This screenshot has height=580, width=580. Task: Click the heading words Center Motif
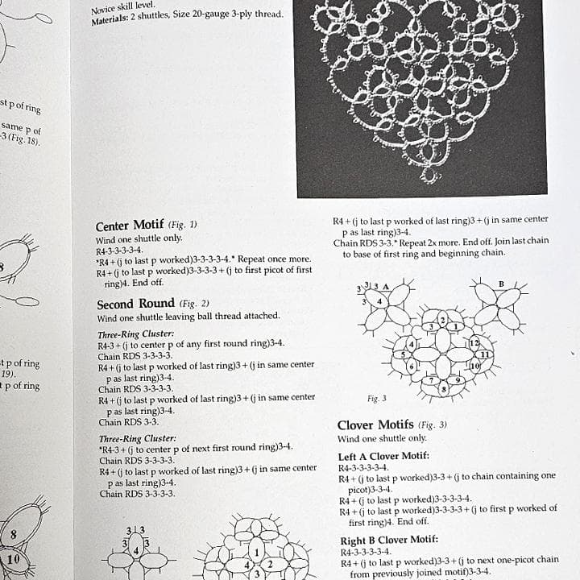130,226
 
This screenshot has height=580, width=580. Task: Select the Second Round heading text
135,304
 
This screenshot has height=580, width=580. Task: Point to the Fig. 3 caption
376,398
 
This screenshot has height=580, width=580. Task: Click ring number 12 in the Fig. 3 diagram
474,344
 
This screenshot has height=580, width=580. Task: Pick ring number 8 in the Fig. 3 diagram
443,389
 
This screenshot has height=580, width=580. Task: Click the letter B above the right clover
501,283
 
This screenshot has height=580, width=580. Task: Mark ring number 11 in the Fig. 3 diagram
484,354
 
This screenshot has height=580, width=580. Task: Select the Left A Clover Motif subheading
383,456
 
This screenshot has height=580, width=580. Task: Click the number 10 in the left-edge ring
14,559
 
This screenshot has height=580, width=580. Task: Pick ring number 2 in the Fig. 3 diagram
442,321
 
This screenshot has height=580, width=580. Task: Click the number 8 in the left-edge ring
14,535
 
